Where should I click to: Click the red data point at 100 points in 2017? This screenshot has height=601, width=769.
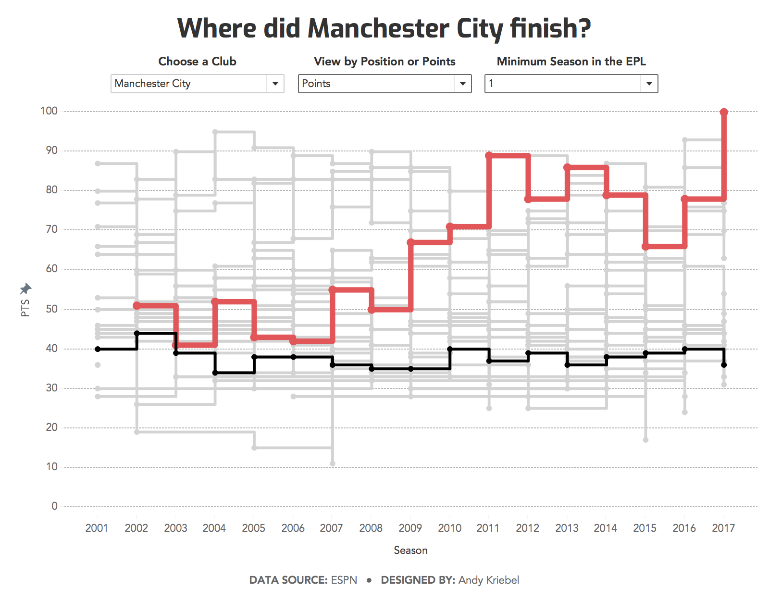[724, 112]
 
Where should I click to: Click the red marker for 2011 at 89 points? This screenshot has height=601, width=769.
[489, 155]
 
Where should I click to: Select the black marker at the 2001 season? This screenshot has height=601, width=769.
[98, 349]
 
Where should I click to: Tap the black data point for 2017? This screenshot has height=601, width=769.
[724, 365]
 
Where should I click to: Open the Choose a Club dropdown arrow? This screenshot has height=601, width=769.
[275, 84]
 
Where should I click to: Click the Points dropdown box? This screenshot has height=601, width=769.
[377, 84]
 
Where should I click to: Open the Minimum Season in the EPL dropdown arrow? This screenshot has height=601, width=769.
[649, 84]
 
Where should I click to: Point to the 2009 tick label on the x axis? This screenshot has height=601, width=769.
[410, 528]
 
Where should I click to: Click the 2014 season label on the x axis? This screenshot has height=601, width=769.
[605, 528]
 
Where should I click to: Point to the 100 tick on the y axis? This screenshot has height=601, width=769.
[49, 111]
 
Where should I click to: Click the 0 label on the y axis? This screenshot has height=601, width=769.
[54, 506]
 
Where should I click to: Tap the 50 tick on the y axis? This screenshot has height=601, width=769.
[51, 309]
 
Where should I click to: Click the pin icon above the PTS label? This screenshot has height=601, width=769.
[25, 288]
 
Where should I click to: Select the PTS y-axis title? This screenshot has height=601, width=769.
[25, 308]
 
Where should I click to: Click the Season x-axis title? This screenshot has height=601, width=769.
[410, 550]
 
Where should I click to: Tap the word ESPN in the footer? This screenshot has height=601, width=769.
[344, 580]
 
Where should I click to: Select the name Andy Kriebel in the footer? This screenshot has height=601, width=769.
[488, 580]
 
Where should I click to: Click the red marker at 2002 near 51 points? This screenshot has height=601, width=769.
[137, 306]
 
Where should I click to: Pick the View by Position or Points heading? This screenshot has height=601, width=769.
[384, 62]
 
